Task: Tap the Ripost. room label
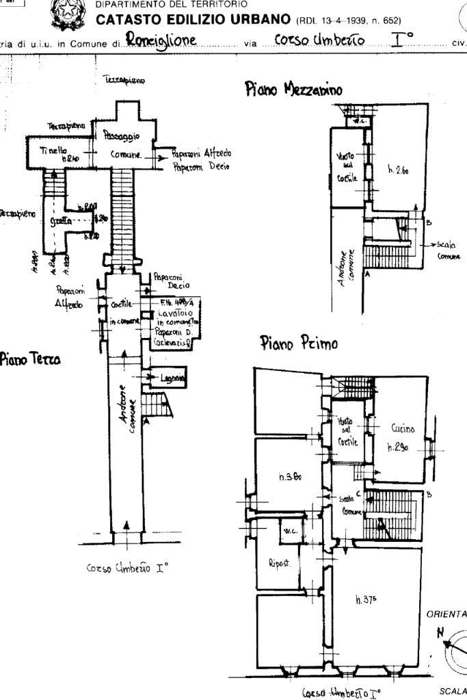(x=280, y=565)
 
